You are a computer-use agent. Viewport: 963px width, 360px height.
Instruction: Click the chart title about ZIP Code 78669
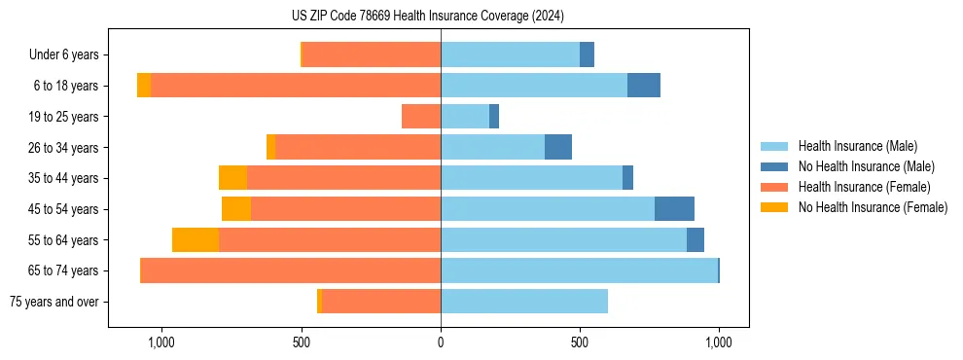[x=428, y=17]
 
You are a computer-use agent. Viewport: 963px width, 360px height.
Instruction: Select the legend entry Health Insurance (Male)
[x=857, y=146]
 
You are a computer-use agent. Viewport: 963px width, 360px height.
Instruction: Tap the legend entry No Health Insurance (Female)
[x=873, y=207]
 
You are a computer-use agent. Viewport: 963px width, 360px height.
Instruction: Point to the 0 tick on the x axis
[x=441, y=342]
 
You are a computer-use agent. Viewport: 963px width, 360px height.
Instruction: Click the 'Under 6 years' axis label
[x=64, y=54]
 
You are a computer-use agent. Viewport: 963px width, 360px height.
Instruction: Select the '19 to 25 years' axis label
[x=62, y=117]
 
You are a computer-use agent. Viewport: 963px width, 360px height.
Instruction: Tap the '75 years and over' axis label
[x=54, y=302]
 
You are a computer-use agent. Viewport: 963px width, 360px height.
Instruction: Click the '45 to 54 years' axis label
[x=62, y=209]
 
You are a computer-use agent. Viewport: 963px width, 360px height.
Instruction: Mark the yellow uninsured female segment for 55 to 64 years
[x=196, y=239]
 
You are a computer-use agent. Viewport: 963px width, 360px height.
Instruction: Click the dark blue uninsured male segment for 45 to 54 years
[x=674, y=209]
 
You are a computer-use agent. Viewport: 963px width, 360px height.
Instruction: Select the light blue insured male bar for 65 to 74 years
[x=579, y=270]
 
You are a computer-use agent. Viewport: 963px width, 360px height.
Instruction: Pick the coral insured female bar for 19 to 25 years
[x=421, y=117]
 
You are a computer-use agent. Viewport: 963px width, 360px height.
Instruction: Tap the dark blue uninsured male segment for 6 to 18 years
[x=644, y=86]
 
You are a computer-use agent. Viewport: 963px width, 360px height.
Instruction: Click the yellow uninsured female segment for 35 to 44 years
[x=232, y=178]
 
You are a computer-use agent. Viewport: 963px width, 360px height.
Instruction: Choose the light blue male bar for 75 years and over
[x=524, y=302]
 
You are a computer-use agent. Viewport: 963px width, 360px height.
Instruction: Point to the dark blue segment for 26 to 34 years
[x=558, y=147]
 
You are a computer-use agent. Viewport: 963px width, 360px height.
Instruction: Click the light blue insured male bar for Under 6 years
[x=510, y=54]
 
